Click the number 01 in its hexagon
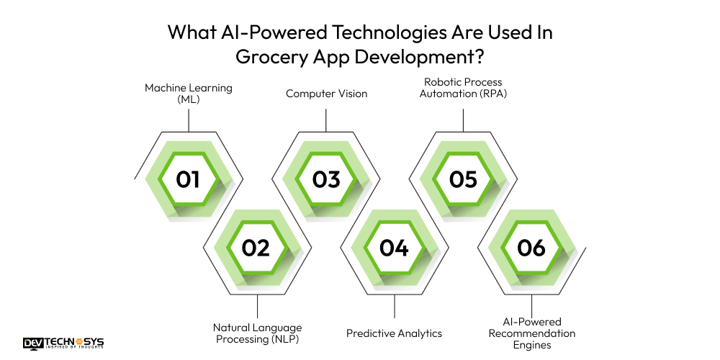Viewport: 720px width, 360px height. [188, 179]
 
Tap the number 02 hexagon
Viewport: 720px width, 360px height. [256, 248]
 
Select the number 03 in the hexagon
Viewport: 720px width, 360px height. [325, 179]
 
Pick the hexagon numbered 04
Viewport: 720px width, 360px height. [394, 248]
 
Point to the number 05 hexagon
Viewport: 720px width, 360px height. [463, 179]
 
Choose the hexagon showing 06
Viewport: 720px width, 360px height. [531, 248]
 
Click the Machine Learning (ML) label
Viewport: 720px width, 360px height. [189, 94]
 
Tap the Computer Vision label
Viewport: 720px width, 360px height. [326, 94]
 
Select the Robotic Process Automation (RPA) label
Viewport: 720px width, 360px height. [463, 88]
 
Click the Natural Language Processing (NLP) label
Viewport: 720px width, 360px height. [257, 333]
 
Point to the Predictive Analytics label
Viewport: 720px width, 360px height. [394, 333]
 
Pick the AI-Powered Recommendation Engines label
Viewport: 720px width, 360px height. [532, 333]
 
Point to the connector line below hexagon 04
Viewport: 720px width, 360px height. [394, 307]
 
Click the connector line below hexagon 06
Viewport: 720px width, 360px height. [532, 303]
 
